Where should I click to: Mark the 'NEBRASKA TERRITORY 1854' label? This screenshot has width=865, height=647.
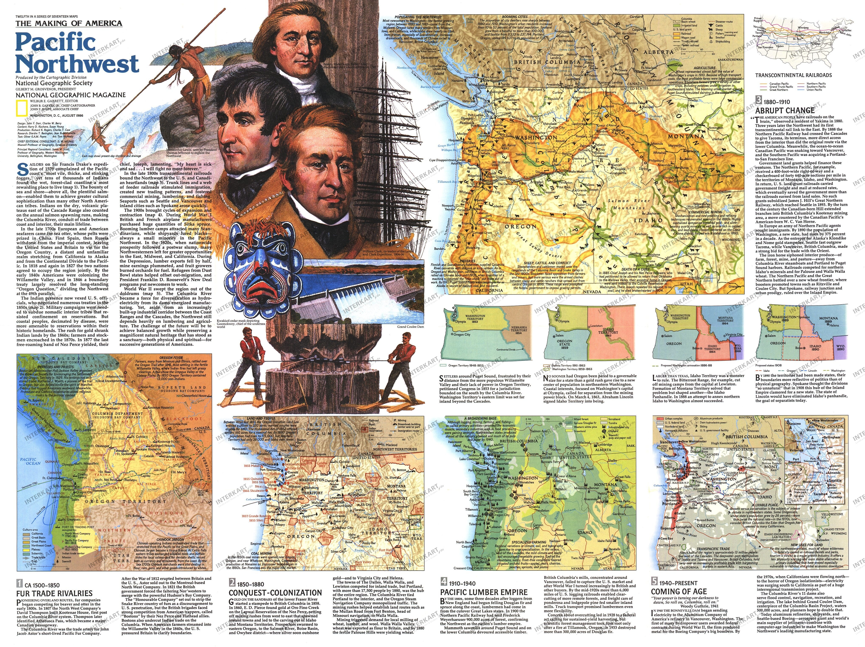coord(519,330)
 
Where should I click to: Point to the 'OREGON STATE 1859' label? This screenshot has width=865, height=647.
coord(564,344)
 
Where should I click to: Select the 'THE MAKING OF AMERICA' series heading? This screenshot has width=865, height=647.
coord(69,23)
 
